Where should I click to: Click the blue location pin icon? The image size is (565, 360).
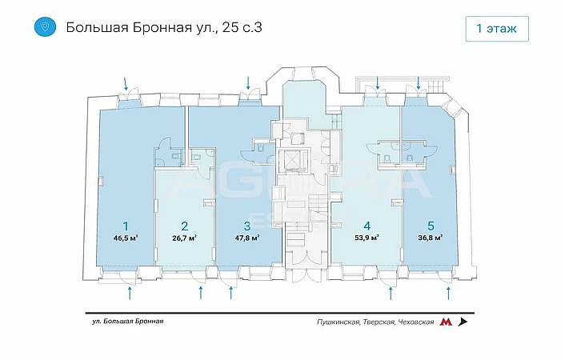(45, 27)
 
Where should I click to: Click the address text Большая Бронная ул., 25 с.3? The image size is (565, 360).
(164, 27)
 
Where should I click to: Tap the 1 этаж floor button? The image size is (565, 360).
(496, 29)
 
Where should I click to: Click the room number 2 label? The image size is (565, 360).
(184, 225)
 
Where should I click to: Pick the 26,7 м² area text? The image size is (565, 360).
(184, 238)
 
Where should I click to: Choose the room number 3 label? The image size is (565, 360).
(246, 225)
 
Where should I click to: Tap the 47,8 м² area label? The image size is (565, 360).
(247, 238)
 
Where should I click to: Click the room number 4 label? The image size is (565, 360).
(367, 225)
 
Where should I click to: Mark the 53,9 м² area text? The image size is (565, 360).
(367, 238)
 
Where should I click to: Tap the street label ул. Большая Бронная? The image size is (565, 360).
(128, 322)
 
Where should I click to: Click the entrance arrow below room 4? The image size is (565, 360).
(391, 293)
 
